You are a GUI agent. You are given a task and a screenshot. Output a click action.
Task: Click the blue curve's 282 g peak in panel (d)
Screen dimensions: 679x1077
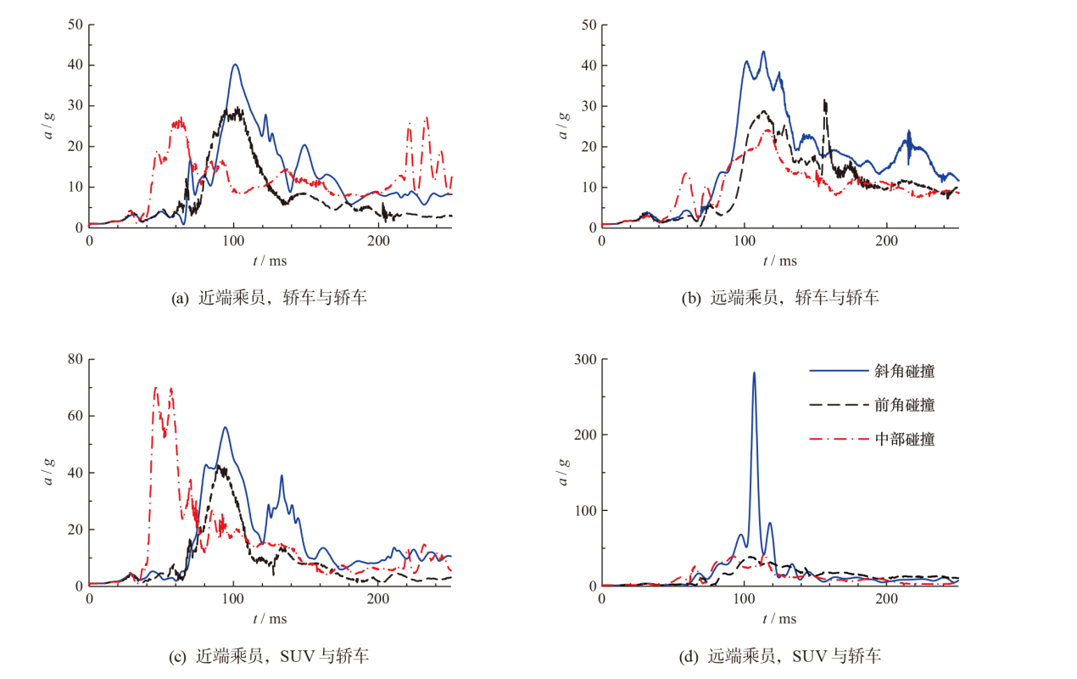click(x=754, y=373)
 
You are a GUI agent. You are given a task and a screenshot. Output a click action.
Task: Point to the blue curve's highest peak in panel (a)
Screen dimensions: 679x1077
click(x=235, y=65)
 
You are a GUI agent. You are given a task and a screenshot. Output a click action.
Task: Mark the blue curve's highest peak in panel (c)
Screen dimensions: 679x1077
click(x=226, y=427)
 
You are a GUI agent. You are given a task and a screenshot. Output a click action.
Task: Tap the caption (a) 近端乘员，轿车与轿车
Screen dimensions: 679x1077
click(x=269, y=298)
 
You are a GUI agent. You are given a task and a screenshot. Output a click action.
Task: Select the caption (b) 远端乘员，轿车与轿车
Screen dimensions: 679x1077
click(x=780, y=298)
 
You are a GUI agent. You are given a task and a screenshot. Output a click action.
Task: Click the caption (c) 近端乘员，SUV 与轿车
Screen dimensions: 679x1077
click(x=270, y=655)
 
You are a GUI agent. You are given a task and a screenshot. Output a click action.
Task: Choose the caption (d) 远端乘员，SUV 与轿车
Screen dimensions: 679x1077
click(x=781, y=655)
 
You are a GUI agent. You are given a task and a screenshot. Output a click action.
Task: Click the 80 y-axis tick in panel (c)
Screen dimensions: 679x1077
click(x=75, y=359)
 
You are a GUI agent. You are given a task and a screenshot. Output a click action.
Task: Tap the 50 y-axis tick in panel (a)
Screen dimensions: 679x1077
click(x=75, y=24)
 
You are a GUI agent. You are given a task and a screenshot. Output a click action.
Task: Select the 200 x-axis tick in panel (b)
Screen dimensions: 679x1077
click(x=886, y=241)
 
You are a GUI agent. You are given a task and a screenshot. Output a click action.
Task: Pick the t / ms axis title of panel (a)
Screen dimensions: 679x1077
click(x=269, y=261)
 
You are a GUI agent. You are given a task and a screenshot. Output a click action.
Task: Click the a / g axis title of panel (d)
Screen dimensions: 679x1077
click(x=562, y=471)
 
